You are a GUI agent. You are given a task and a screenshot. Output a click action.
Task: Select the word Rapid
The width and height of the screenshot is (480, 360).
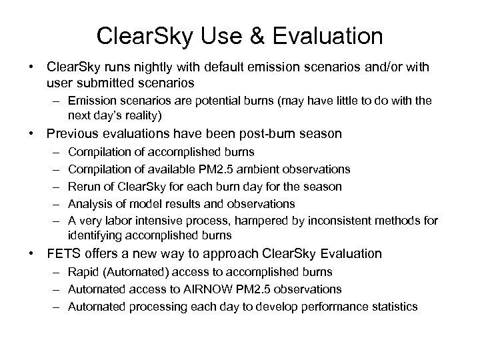(x=83, y=272)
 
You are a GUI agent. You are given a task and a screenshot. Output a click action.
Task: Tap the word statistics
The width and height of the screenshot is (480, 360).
(x=392, y=307)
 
